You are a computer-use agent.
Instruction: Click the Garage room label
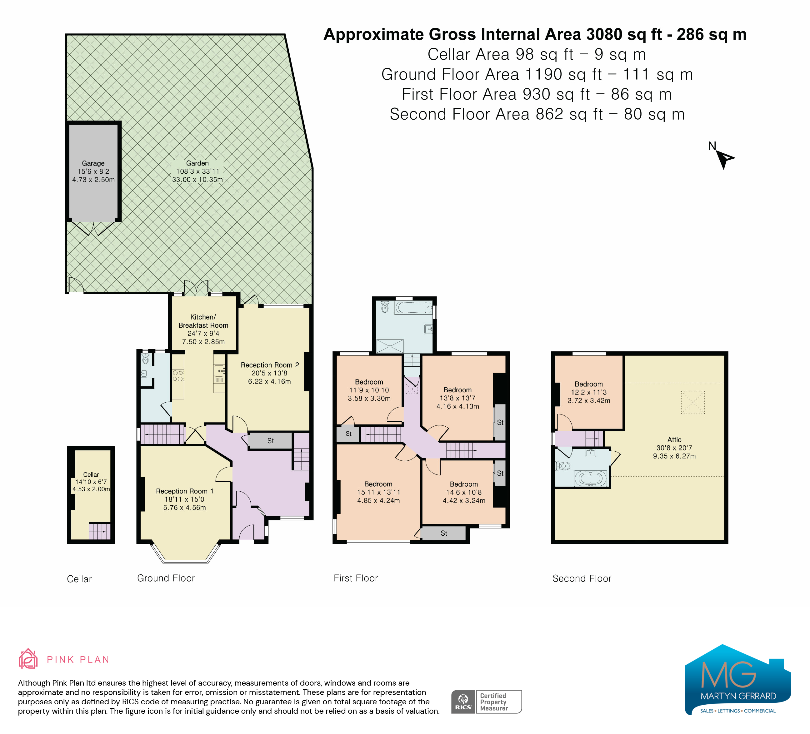coord(93,163)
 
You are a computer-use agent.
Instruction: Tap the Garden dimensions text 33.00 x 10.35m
coord(197,180)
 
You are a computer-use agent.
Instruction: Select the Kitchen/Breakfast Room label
coord(203,321)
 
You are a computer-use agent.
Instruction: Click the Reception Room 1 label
coord(184,491)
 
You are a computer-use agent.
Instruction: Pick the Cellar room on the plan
coord(91,495)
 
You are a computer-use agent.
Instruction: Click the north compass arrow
coord(725,159)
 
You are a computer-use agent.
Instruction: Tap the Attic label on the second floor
coord(674,440)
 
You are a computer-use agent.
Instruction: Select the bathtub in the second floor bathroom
coord(590,478)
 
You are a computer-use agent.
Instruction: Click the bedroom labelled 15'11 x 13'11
coord(378,492)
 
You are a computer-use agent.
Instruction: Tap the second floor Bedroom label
coord(589,384)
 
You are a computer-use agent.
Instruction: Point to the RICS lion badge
coord(463,702)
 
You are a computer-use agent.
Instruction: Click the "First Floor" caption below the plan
coord(356,578)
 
